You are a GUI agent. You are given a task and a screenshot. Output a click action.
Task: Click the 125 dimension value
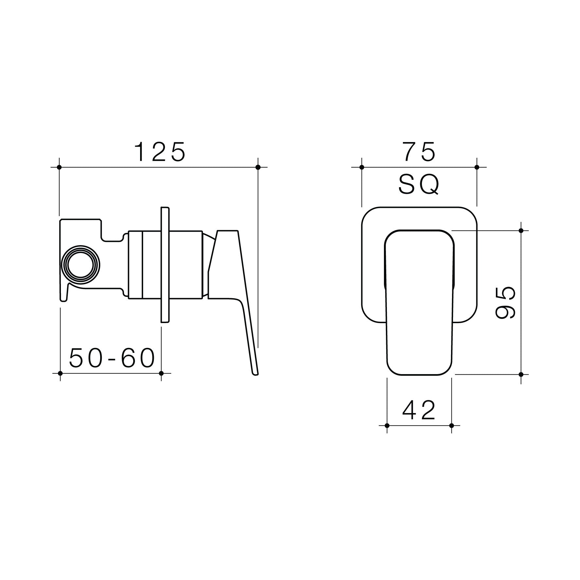point(160,152)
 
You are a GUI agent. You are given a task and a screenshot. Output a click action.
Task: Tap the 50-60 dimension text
point(112,358)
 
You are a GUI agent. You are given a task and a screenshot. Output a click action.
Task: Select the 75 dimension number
point(419,152)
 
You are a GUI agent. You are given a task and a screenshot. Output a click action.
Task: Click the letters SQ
point(419,185)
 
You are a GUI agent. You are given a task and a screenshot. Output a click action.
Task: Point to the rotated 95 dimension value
point(506,302)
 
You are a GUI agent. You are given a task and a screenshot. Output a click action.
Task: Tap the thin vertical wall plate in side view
point(165,265)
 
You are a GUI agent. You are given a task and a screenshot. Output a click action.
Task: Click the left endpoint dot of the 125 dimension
point(59,167)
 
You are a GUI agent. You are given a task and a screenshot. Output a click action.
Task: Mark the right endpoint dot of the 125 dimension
point(258,167)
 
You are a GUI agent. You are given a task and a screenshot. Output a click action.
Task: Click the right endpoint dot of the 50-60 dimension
point(161,373)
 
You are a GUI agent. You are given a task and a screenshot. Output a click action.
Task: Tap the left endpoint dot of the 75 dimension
point(362,167)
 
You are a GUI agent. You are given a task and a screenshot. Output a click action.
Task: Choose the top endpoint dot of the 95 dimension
point(521,231)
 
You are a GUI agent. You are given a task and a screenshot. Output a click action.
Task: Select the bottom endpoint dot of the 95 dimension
point(521,374)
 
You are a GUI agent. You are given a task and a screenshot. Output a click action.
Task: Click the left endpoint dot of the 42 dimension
point(387,426)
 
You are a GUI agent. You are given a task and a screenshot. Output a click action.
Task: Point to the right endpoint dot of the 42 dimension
point(451,426)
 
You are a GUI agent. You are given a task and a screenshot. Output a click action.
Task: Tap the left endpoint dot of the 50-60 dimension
point(60,373)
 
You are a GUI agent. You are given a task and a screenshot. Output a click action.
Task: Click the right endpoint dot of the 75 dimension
point(477,167)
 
